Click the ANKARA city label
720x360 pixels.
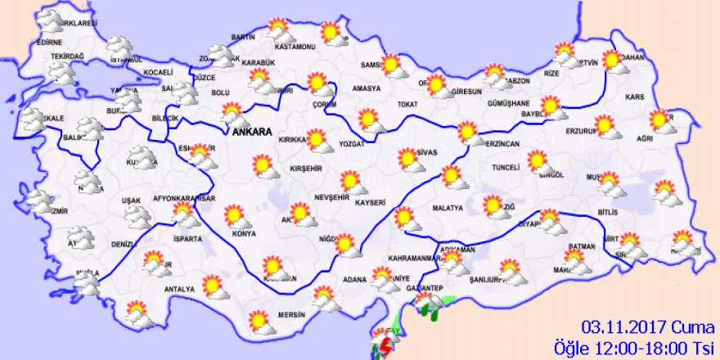253,132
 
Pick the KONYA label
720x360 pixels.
244,234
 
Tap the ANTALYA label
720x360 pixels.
179,289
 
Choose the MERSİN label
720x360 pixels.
290,314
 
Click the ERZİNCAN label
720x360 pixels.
502,144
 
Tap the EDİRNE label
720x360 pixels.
50,42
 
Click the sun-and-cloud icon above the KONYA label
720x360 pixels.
236,216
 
